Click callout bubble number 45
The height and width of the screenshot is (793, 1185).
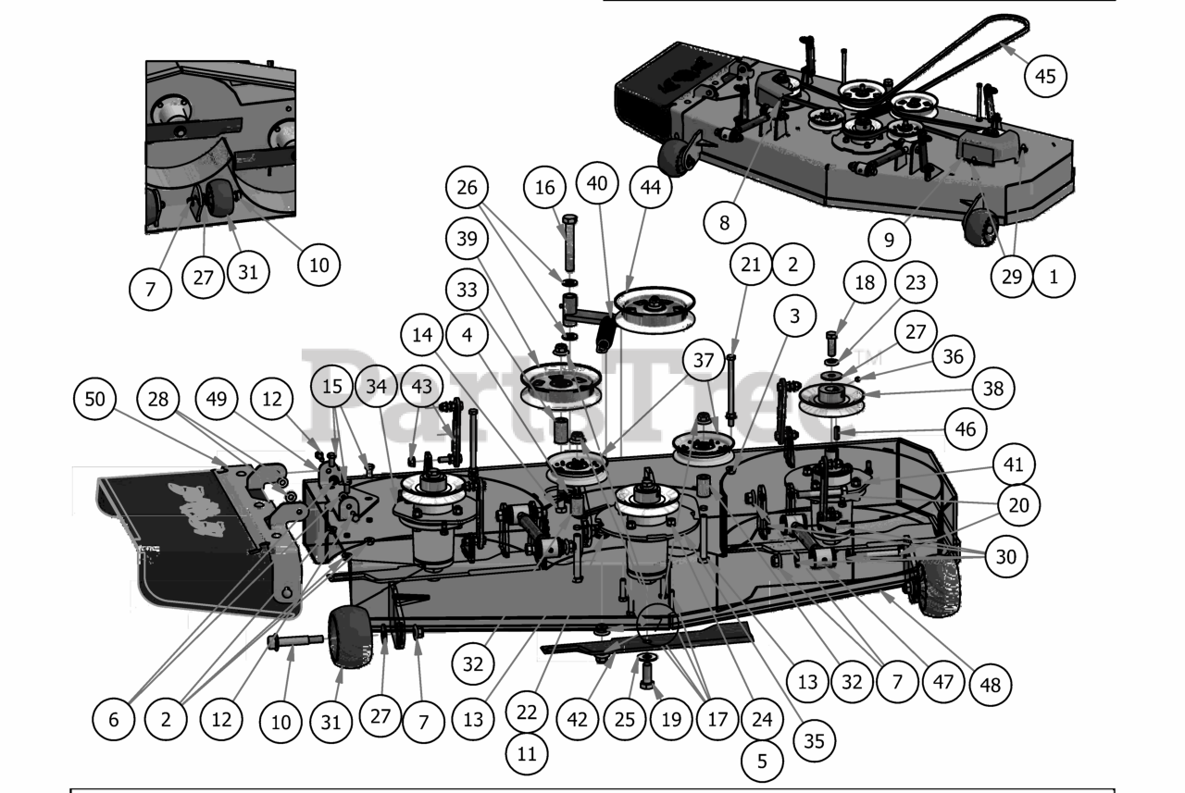tap(1045, 76)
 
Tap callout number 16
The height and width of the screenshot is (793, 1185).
tap(545, 188)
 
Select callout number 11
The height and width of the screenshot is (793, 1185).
tap(527, 753)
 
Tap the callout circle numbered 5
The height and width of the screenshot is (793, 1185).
tap(763, 761)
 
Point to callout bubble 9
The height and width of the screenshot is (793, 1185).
tap(890, 240)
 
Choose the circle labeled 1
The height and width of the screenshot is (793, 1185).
tap(1054, 276)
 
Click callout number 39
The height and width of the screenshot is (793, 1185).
tap(468, 240)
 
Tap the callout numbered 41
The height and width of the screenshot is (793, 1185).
tap(1016, 465)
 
